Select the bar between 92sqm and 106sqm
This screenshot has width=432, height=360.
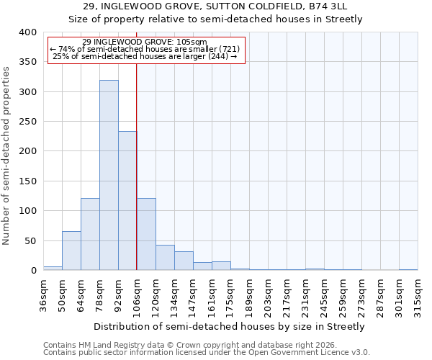click(x=127, y=201)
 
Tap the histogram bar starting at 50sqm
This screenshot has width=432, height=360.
click(x=71, y=251)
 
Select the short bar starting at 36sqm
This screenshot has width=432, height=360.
click(x=53, y=268)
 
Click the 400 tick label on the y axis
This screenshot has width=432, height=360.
click(x=27, y=32)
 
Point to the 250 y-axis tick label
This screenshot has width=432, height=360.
click(x=27, y=122)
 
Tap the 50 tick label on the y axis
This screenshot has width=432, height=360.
click(x=30, y=240)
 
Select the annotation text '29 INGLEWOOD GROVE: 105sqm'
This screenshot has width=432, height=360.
click(x=145, y=42)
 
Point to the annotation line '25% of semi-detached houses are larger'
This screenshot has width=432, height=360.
click(x=145, y=56)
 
